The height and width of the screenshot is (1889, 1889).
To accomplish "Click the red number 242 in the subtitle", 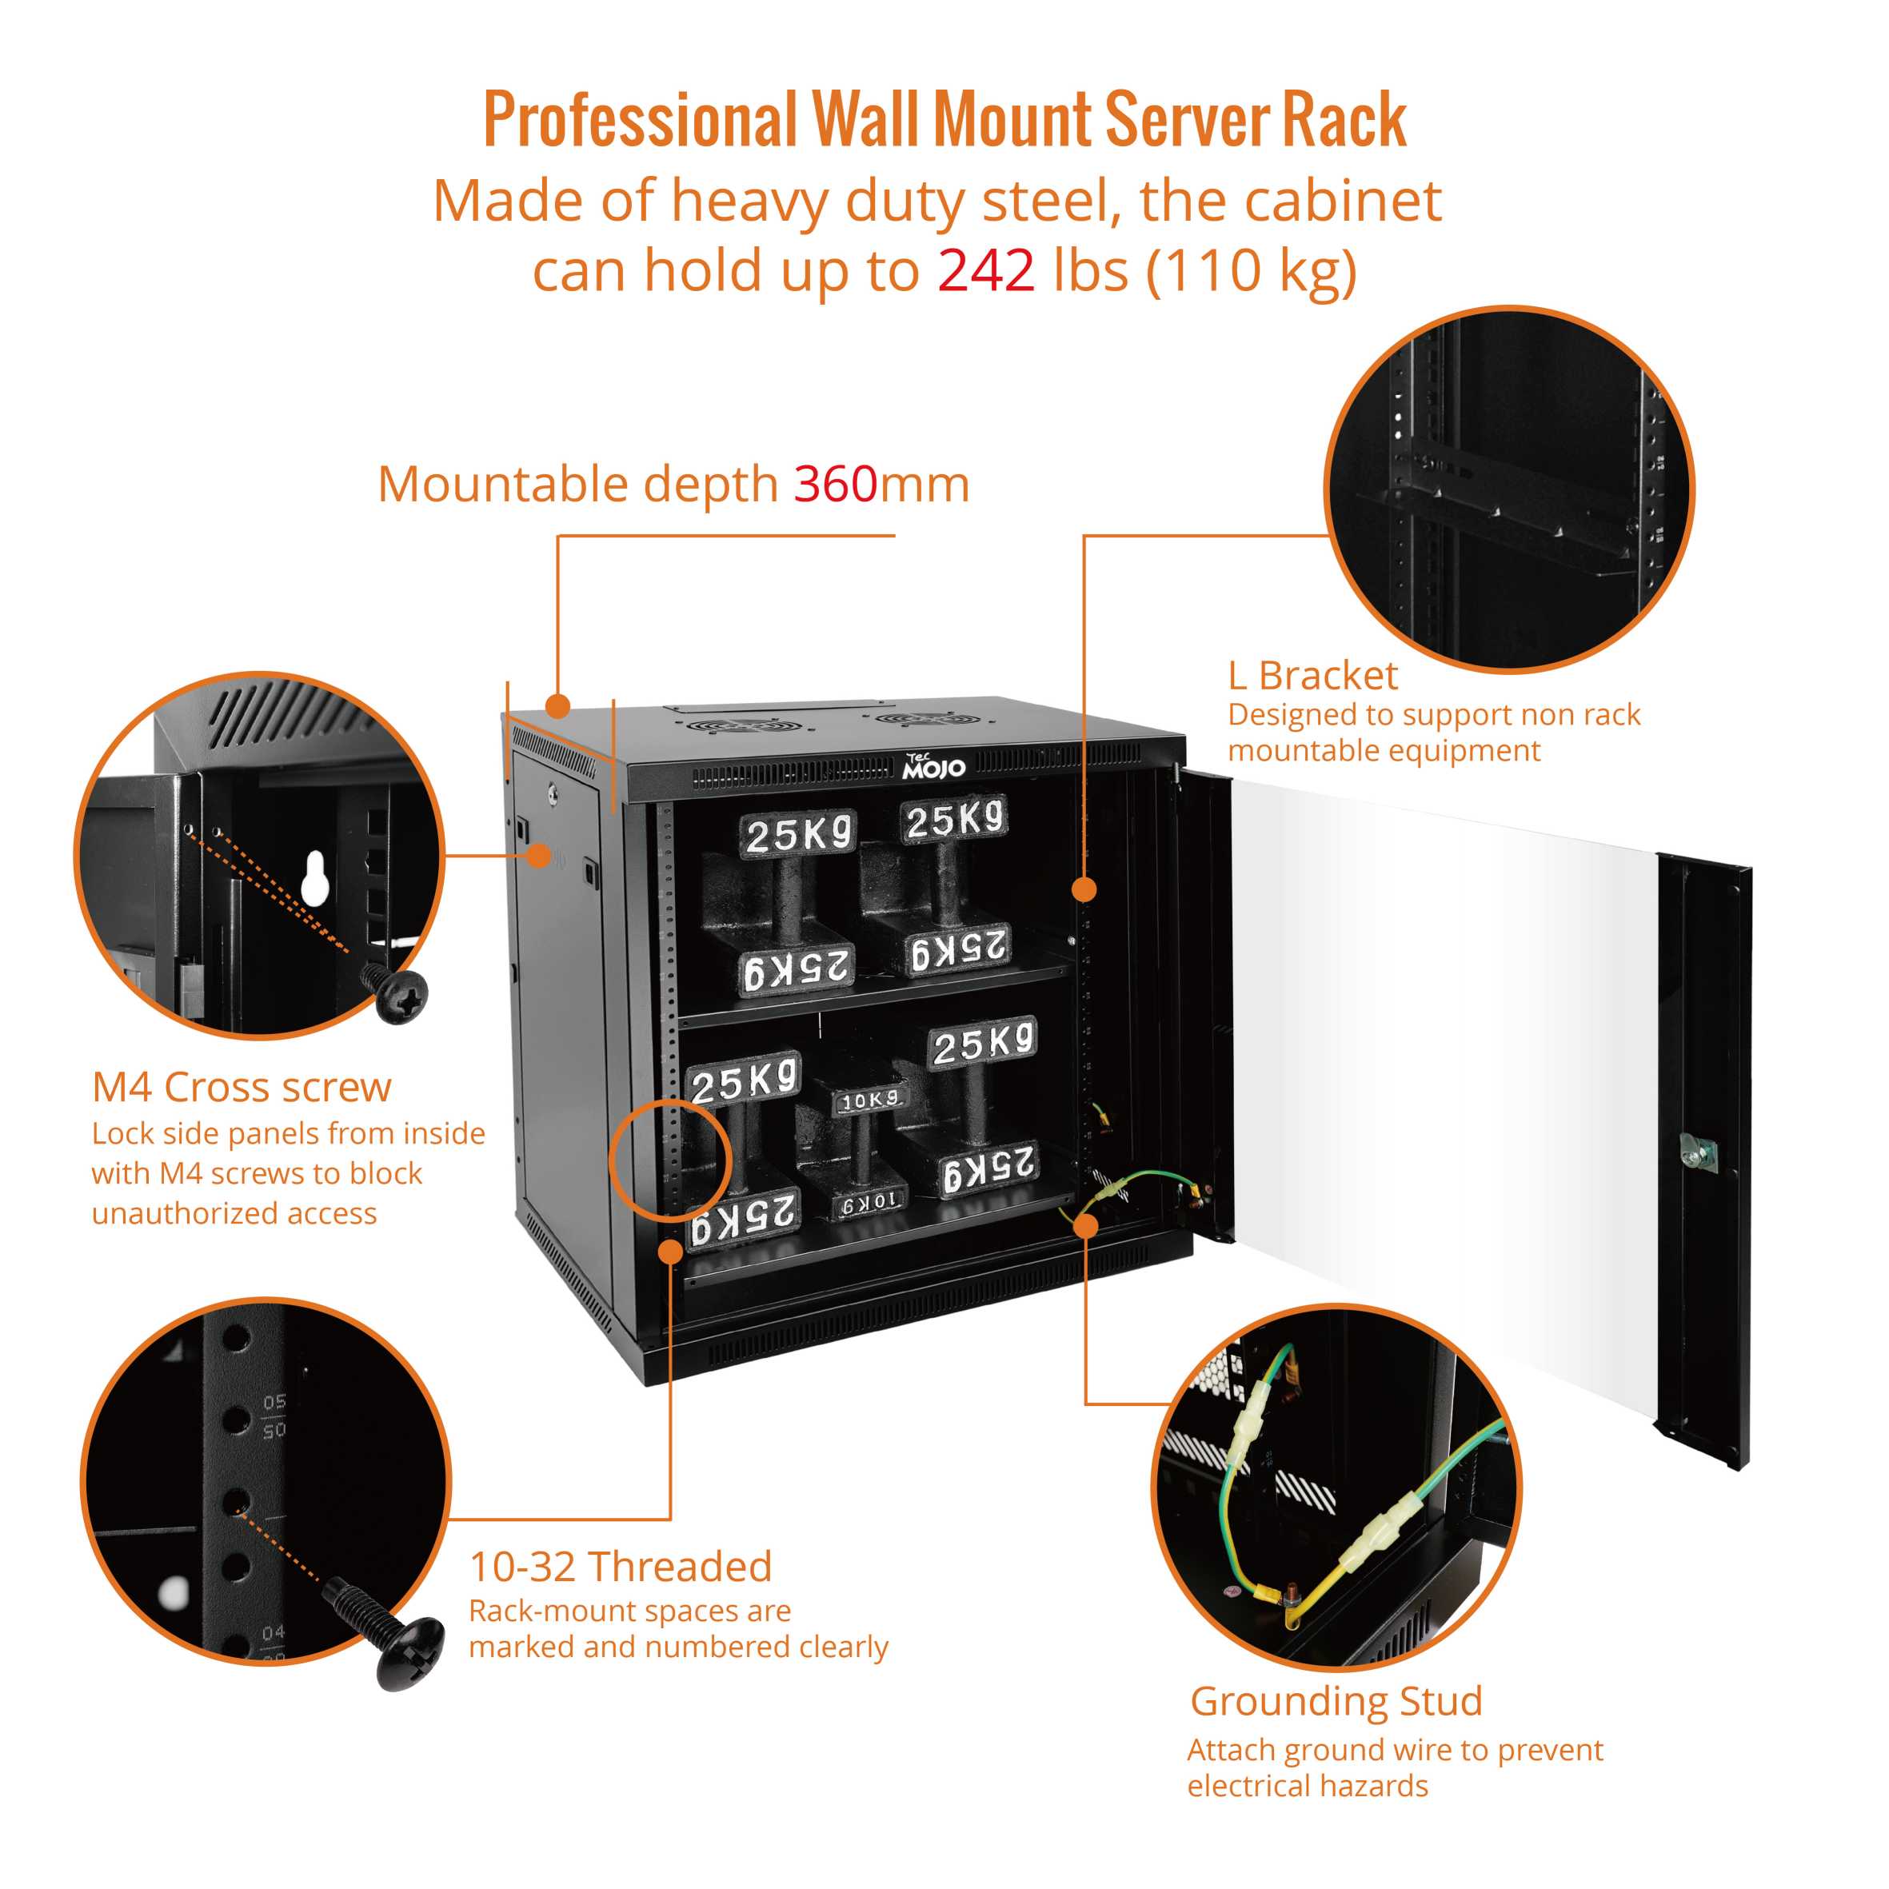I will [985, 271].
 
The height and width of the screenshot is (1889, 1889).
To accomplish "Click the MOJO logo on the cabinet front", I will [934, 768].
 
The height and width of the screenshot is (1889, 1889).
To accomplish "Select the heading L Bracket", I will [1312, 676].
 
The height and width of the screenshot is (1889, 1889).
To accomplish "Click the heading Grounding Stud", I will [1336, 1700].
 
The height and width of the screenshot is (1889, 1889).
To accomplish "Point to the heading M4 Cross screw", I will [242, 1087].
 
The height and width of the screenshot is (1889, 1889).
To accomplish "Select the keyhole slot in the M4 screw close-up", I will [314, 877].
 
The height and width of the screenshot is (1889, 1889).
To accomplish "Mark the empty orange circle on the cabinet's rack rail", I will [669, 1160].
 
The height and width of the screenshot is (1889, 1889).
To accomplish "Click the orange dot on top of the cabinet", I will [557, 705].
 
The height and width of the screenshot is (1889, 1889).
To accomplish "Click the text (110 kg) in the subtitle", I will [1252, 271].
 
